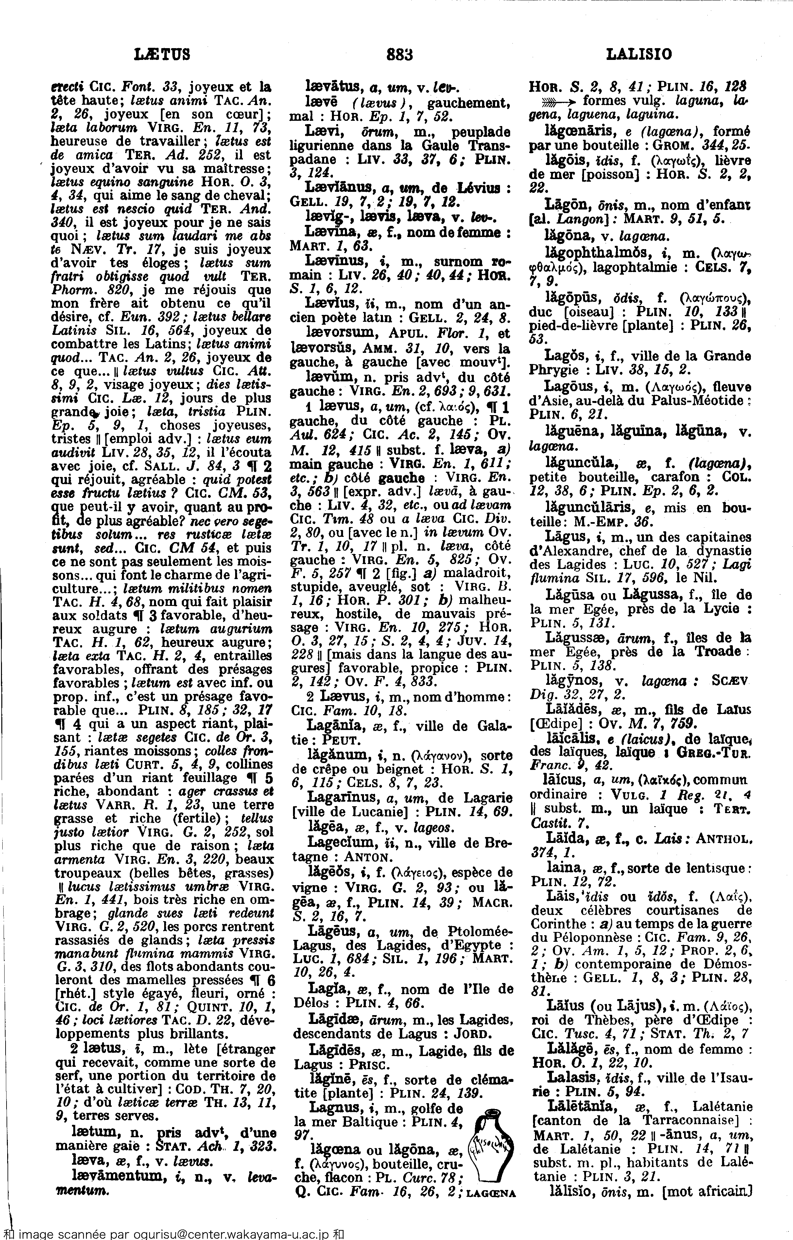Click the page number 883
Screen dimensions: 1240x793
pos(400,54)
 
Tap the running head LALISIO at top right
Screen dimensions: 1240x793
pos(639,54)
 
